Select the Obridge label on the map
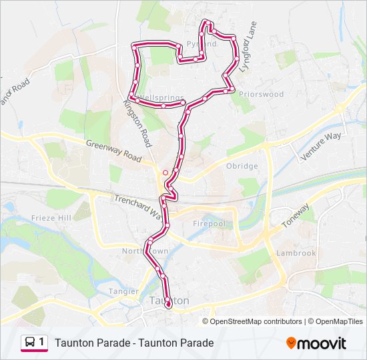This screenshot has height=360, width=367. [242, 166]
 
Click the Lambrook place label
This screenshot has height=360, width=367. [296, 253]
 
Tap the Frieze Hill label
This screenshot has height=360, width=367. [51, 218]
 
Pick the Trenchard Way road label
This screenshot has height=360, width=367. [138, 205]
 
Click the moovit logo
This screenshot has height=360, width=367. [316, 343]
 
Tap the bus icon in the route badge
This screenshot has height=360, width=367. [30, 343]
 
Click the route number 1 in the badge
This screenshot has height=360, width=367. [41, 343]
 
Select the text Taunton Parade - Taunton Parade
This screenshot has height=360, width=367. [134, 343]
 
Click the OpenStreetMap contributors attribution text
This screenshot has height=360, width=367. [256, 321]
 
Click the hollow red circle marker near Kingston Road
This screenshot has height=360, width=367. [165, 172]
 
